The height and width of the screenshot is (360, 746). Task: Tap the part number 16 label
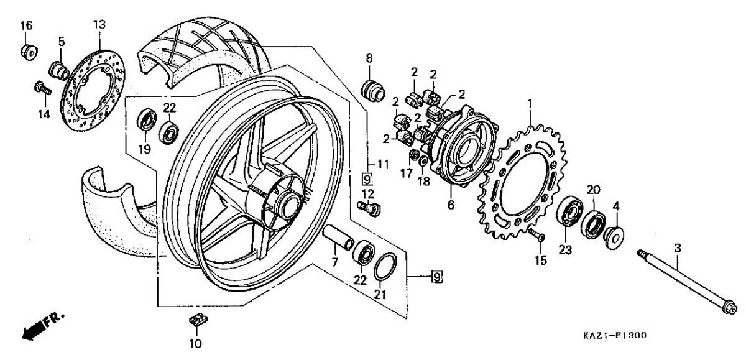tap(27, 25)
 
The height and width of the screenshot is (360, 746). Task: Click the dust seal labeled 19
tap(147, 119)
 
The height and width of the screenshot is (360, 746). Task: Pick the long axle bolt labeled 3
tap(687, 284)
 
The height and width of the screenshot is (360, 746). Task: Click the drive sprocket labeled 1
tap(522, 182)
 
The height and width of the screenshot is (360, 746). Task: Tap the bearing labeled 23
tap(569, 211)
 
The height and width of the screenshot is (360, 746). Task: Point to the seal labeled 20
tap(593, 224)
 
